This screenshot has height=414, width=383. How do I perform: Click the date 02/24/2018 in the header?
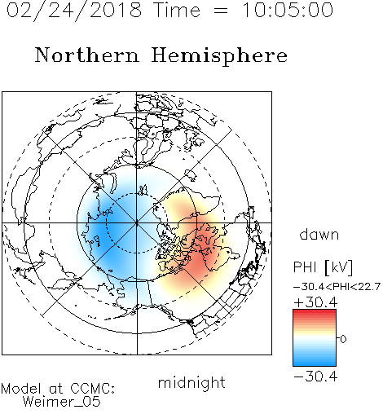point(74,11)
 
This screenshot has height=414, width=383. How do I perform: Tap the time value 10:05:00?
point(288,10)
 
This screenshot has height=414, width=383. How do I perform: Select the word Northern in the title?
point(87,55)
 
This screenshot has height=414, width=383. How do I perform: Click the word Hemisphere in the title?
point(219,55)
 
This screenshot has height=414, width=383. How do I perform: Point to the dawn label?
point(319,235)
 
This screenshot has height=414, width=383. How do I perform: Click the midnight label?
point(191,383)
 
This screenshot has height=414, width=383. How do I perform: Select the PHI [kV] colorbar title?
point(323,267)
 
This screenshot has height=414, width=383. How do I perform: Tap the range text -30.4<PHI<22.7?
point(337,287)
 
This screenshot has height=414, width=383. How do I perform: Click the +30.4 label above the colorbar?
point(315,302)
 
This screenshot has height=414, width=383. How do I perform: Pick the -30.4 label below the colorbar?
point(315,377)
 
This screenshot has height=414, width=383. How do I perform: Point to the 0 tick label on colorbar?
point(343,339)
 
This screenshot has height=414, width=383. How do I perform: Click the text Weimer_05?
point(62,402)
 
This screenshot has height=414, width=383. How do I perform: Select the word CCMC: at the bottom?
point(93,389)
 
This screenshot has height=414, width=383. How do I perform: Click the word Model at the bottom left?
point(21,389)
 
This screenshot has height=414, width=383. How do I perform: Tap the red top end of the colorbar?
point(315,312)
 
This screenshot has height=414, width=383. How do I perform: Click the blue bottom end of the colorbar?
point(315,363)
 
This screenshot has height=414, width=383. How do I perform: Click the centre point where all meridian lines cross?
point(137,222)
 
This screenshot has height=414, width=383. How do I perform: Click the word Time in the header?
point(177,10)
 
